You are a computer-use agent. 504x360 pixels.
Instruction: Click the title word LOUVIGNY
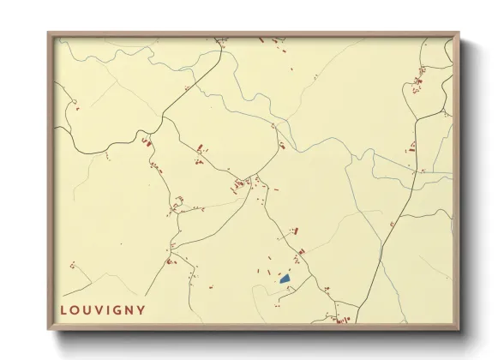coord(102,309)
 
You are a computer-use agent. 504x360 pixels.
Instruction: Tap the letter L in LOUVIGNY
coord(63,309)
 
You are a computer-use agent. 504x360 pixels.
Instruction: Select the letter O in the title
coord(75,309)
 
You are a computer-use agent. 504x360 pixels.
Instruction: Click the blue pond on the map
coord(285,279)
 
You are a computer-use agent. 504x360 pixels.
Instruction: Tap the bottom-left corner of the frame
coord(49,330)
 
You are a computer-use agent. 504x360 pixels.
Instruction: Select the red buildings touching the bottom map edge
coord(343,321)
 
